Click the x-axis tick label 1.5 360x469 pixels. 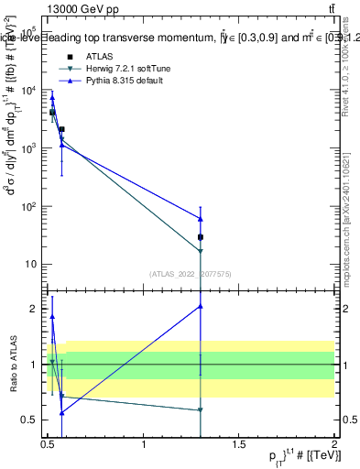240,445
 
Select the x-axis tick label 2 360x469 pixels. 335,445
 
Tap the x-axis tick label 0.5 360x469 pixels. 49,445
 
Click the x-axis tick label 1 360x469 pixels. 144,445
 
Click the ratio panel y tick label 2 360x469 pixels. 34,309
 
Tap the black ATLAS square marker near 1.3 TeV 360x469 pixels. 201,237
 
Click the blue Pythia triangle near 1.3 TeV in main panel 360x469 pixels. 201,219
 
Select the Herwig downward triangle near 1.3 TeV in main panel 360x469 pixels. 201,251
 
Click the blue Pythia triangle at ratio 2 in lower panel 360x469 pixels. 201,306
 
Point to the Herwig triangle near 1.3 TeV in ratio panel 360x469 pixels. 201,410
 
